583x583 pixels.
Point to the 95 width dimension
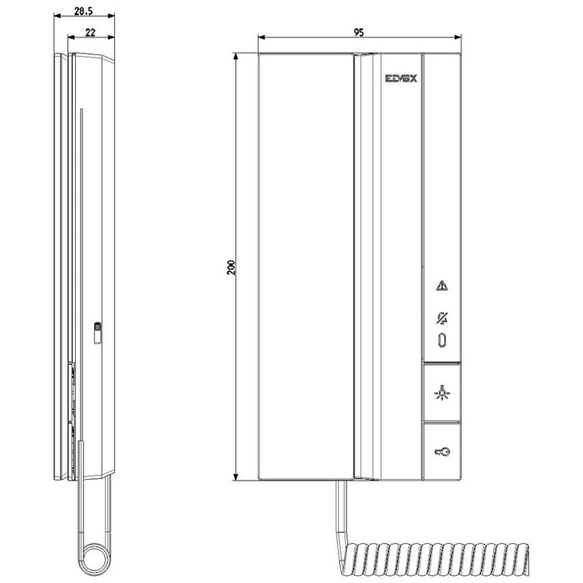[x=359, y=32]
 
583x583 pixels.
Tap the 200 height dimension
[x=232, y=267]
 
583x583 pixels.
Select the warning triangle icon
[x=441, y=287]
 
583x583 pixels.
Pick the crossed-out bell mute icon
[x=441, y=318]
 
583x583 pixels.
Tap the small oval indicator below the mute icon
[x=441, y=340]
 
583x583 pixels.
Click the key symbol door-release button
[x=441, y=452]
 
